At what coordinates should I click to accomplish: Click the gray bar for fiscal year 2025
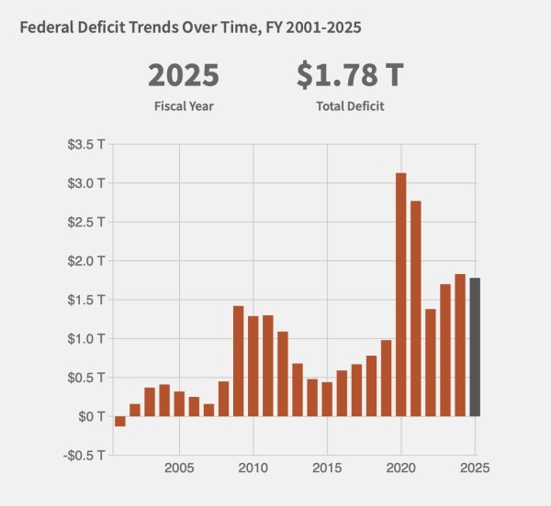(475, 347)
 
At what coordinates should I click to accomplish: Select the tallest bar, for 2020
(401, 294)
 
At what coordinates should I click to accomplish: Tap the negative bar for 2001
(120, 421)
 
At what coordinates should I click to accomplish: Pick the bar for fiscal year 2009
(238, 361)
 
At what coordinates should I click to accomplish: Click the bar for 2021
(416, 309)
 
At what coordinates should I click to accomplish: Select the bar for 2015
(327, 400)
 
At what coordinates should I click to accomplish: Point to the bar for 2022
(431, 363)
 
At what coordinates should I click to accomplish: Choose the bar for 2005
(179, 404)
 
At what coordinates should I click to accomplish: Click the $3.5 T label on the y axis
(86, 144)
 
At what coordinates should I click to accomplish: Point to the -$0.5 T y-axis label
(84, 456)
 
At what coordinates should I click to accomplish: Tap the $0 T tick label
(91, 416)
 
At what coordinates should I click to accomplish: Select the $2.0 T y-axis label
(86, 261)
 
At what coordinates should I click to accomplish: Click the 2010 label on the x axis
(253, 467)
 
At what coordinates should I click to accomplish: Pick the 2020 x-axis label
(401, 467)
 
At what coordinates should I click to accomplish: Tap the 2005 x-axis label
(179, 467)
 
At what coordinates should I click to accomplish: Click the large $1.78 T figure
(350, 75)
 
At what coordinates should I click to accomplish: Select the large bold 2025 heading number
(184, 75)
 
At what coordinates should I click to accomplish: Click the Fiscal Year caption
(184, 106)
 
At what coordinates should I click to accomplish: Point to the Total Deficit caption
(350, 106)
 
